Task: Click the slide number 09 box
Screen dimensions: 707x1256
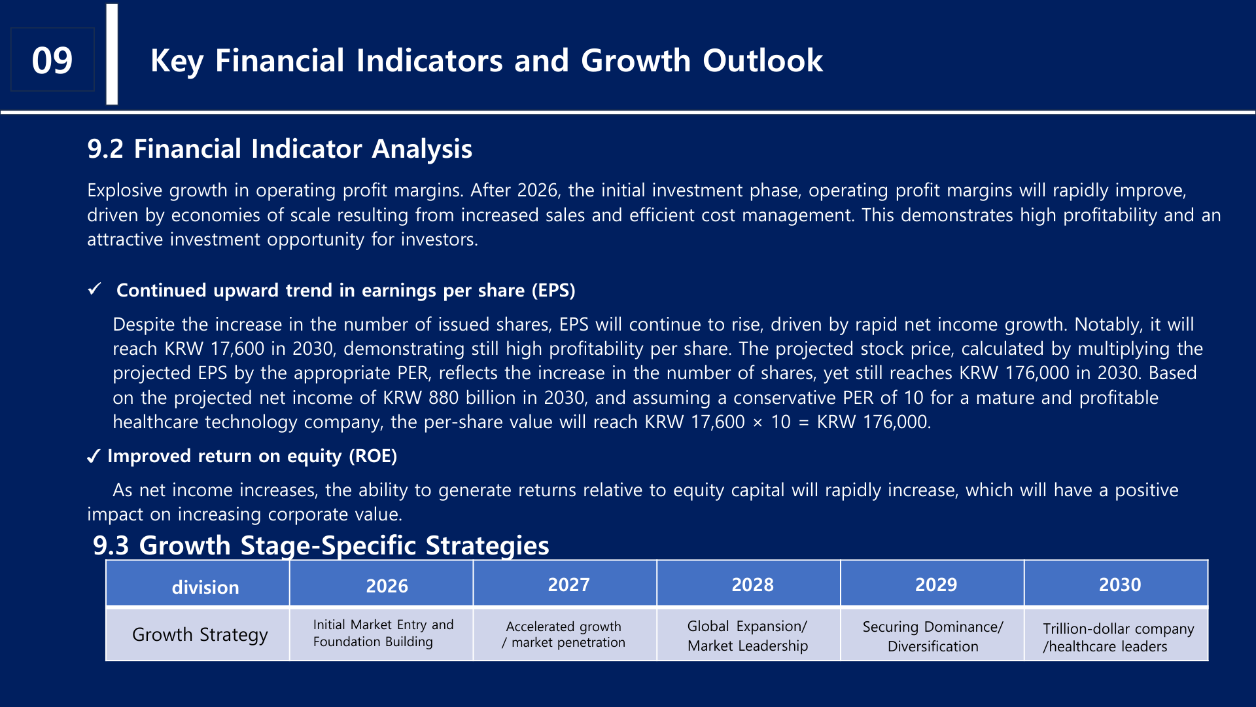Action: point(52,60)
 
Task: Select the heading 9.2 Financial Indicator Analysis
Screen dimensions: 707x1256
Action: point(279,149)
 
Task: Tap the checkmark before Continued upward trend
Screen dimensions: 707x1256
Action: point(95,289)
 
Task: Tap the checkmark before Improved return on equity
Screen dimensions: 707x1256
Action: point(94,456)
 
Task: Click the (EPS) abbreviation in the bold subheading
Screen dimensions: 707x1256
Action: point(553,291)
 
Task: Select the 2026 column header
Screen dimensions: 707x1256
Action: point(387,585)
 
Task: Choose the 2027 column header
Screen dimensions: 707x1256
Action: point(568,585)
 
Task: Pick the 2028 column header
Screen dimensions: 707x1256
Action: point(752,585)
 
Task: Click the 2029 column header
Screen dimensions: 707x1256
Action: point(935,585)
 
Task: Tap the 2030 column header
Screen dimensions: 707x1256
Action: point(1119,585)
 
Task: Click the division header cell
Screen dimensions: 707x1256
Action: point(205,587)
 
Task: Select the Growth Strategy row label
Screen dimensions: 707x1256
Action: point(200,634)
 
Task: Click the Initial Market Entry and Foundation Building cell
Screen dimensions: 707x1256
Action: point(383,633)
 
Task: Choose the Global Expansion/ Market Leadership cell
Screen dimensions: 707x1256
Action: point(747,636)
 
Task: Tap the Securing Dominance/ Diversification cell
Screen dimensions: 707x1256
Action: point(932,636)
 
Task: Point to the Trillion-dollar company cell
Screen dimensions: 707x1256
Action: point(1117,637)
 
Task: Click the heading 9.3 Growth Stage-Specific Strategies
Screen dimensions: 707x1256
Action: point(321,545)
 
